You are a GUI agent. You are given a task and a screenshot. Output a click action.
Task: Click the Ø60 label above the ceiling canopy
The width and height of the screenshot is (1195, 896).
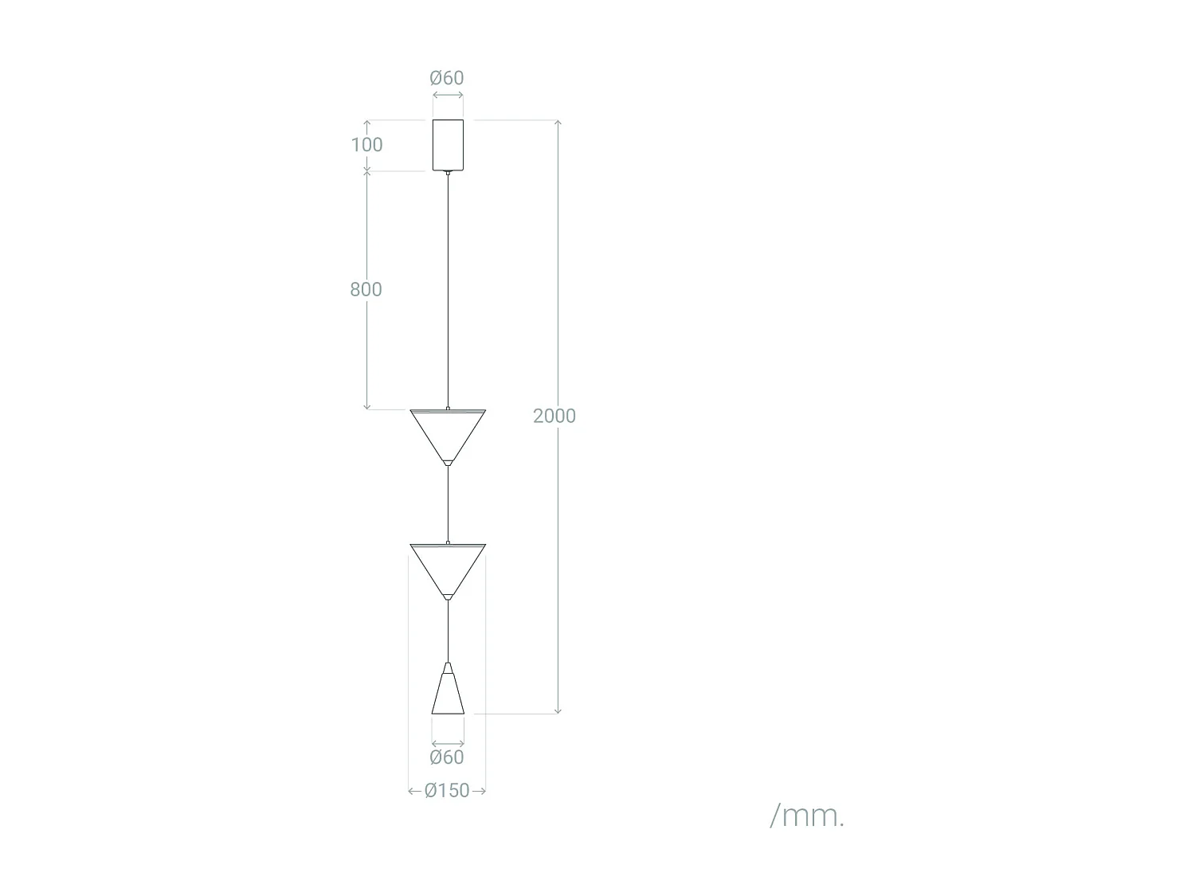tap(446, 78)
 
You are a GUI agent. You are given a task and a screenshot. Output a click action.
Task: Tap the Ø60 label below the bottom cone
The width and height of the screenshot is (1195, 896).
tap(446, 757)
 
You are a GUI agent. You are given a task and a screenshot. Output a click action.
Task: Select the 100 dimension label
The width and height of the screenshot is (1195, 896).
tap(366, 145)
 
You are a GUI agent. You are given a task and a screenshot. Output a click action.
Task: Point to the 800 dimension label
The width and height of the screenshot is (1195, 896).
tap(366, 289)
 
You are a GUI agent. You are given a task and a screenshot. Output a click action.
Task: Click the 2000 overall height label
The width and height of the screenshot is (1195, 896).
tap(554, 416)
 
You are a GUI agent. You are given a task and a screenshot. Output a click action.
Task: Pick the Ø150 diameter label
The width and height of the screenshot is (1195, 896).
tap(447, 791)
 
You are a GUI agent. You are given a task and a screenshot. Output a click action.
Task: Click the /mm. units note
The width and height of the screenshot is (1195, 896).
tap(806, 816)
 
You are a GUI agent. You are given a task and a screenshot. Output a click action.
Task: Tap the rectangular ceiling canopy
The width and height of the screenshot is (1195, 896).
tap(448, 144)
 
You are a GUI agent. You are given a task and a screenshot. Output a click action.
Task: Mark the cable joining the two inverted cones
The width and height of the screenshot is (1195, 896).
tap(448, 503)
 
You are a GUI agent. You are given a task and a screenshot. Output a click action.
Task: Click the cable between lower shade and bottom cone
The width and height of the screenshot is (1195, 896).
tap(448, 631)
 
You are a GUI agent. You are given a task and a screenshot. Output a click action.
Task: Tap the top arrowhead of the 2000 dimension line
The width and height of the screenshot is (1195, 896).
tap(558, 122)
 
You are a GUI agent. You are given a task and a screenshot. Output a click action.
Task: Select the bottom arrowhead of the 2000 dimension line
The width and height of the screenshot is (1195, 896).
tap(558, 711)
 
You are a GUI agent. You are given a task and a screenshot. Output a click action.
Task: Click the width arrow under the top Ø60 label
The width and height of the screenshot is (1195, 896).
tap(448, 96)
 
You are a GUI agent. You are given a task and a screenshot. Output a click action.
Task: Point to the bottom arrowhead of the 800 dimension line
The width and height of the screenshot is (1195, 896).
tap(367, 407)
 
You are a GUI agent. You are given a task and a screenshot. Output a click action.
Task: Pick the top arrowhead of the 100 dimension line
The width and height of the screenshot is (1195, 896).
tap(367, 123)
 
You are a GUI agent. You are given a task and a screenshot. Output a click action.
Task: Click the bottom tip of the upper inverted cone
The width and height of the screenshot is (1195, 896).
tap(448, 463)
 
